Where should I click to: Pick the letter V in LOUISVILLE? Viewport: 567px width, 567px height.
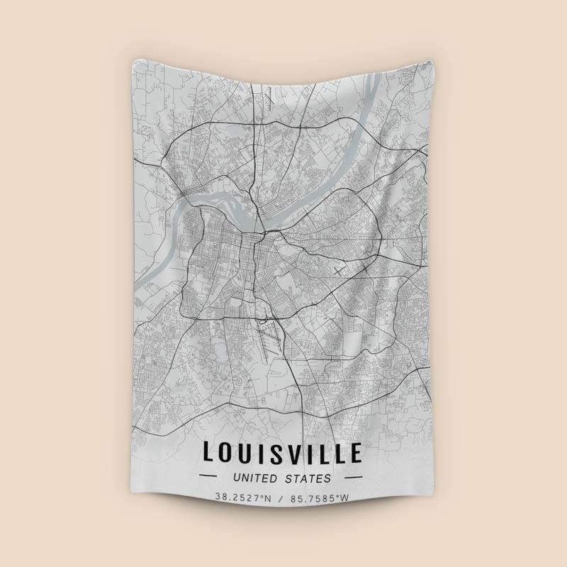point(300,452)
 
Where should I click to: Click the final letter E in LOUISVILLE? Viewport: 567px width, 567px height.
point(355,452)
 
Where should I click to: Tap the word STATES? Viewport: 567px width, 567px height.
point(310,478)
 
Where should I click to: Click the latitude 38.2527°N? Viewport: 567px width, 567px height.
point(244,498)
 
